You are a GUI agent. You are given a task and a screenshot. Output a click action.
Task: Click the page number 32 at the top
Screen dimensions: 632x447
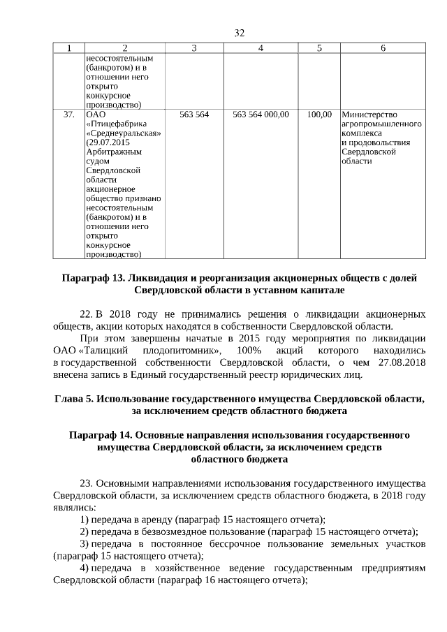click(x=239, y=33)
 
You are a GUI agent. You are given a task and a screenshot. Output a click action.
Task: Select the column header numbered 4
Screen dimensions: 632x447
click(x=261, y=47)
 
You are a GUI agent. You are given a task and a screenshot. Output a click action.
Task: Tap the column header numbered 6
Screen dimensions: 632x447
click(x=383, y=47)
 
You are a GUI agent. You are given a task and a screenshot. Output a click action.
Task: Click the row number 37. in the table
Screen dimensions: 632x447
click(x=68, y=114)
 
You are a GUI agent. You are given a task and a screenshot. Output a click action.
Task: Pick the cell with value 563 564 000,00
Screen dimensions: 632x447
click(x=261, y=114)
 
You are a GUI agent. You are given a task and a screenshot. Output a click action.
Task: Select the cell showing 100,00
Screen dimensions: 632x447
click(x=319, y=114)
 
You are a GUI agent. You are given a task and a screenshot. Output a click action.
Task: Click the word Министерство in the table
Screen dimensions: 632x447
click(x=369, y=115)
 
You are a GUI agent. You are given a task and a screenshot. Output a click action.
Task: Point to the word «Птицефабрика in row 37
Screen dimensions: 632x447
click(x=114, y=124)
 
